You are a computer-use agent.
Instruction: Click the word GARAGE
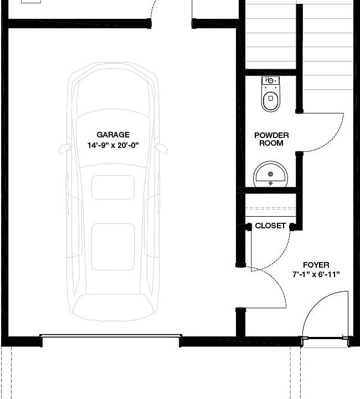click(x=113, y=135)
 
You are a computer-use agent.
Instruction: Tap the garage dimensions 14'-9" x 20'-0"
click(x=113, y=145)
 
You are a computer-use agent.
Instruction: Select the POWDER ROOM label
click(x=271, y=139)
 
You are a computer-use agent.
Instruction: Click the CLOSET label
click(x=270, y=226)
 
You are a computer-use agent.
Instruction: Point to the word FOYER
click(x=316, y=265)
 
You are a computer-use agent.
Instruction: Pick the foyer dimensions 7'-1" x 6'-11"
click(x=316, y=274)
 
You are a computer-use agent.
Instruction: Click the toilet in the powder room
click(x=271, y=94)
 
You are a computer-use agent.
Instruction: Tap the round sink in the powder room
click(x=270, y=174)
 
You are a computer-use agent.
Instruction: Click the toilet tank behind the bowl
click(x=271, y=80)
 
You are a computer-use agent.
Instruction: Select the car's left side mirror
click(x=64, y=149)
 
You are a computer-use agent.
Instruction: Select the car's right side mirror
click(x=161, y=149)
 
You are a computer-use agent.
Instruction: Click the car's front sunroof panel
click(x=113, y=187)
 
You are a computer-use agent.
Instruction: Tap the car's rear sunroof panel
click(x=113, y=247)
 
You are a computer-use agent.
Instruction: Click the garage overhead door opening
click(x=111, y=336)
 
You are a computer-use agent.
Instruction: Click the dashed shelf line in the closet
click(x=270, y=208)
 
